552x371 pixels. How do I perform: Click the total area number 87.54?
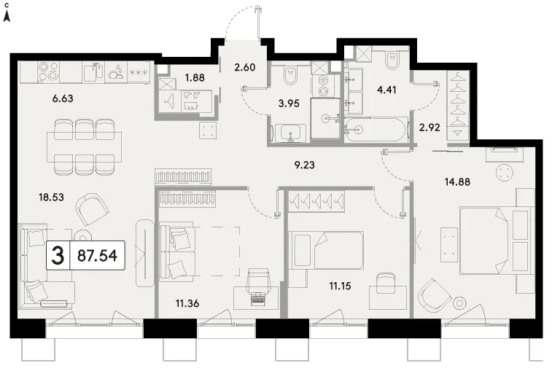[97, 256]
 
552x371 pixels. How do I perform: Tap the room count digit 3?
[58, 256]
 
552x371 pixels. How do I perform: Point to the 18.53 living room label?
[51, 197]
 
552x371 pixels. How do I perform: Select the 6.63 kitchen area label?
[63, 98]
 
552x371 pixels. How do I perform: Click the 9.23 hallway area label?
[305, 165]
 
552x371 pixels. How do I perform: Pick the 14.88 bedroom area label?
[457, 182]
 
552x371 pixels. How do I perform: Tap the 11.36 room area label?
[187, 303]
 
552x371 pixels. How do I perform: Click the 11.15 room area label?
[340, 286]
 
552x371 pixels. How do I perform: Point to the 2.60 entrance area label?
[245, 67]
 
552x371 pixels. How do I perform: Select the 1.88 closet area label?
[195, 77]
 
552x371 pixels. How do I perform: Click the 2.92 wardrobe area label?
[429, 128]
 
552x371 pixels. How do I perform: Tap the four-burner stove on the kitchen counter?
[49, 72]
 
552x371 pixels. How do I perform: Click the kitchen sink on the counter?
[93, 72]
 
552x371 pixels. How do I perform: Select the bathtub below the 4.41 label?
[376, 130]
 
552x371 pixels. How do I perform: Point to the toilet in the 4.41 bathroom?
[392, 60]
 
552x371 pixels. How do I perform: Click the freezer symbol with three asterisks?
[139, 72]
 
